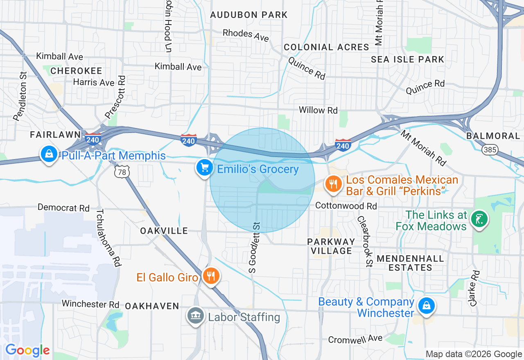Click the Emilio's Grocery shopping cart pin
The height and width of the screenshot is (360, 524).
pyautogui.click(x=203, y=167)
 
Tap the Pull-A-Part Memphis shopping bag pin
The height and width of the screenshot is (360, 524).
pyautogui.click(x=49, y=154)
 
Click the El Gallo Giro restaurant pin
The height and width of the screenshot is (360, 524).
pyautogui.click(x=211, y=276)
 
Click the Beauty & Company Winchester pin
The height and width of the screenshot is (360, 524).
pyautogui.click(x=426, y=306)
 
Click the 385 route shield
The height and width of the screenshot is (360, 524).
pyautogui.click(x=490, y=149)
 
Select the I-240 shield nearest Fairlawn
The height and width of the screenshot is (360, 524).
pyautogui.click(x=93, y=139)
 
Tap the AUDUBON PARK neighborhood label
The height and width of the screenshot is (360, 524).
pyautogui.click(x=248, y=15)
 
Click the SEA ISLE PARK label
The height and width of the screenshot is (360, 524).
pyautogui.click(x=407, y=59)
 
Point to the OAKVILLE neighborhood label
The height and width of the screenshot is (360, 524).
pyautogui.click(x=164, y=231)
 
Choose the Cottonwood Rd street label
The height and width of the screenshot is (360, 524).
pyautogui.click(x=346, y=206)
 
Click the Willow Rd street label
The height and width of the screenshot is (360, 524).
pyautogui.click(x=318, y=110)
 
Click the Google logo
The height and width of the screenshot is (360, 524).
pyautogui.click(x=27, y=350)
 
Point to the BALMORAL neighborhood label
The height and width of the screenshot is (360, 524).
pyautogui.click(x=493, y=136)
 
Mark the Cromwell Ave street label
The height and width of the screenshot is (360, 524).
pyautogui.click(x=355, y=339)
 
